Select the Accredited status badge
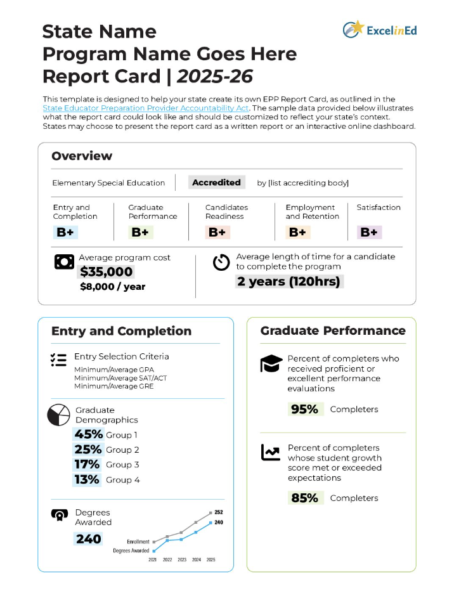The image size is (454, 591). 216,183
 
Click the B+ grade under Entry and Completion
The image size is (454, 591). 65,232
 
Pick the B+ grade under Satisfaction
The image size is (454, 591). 369,232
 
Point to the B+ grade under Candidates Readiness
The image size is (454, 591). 217,232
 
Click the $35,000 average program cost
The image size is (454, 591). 106,272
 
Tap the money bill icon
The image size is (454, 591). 64,262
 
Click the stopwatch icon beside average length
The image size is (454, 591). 221,262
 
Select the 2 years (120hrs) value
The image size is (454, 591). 289,282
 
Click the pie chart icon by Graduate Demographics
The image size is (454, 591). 58,415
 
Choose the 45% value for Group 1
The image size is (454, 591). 88,434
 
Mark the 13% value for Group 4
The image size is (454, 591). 87,479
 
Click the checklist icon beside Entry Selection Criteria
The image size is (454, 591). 58,360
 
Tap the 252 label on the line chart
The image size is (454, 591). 219,512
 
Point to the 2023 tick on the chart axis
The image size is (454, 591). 182,560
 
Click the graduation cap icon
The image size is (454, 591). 271,364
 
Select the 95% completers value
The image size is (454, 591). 304,409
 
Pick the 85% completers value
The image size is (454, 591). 304,498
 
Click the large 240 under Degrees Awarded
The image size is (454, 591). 88,539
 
